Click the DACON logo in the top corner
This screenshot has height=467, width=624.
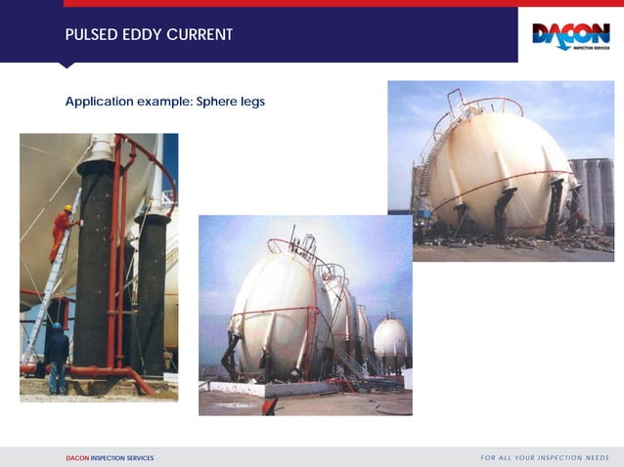pyautogui.click(x=570, y=36)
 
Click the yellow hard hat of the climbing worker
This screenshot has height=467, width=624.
pyautogui.click(x=68, y=208)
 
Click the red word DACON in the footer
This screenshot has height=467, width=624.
pyautogui.click(x=76, y=457)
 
